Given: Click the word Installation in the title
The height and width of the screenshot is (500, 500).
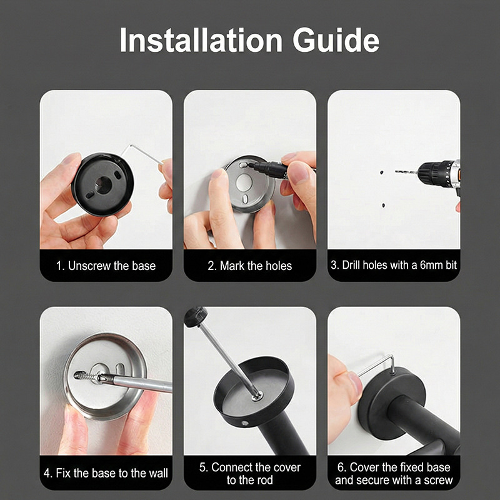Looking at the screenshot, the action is tap(201, 40).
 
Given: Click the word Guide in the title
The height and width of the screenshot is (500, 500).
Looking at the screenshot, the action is tap(336, 40).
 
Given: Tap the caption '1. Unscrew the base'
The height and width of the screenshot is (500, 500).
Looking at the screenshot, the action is tap(106, 266).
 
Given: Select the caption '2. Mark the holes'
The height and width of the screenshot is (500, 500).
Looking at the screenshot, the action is tap(249, 266).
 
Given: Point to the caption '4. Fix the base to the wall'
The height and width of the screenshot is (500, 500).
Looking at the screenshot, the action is tap(106, 473).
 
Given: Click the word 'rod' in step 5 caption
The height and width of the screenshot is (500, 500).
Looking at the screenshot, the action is tap(263, 480).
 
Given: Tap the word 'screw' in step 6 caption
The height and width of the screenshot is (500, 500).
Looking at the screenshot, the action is tap(438, 480).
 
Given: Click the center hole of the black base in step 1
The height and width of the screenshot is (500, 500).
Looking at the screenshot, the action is tap(103, 185).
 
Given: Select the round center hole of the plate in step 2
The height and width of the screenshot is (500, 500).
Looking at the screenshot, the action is tap(244, 182).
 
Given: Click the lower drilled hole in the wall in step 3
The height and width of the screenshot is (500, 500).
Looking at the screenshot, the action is tap(383, 206).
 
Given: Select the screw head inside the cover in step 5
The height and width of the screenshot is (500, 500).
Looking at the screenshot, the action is tap(257, 396).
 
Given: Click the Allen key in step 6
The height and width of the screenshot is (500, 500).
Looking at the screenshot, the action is tap(376, 364).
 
